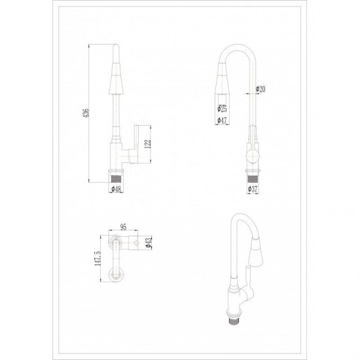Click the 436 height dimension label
click(x=86, y=113)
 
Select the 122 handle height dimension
click(x=148, y=144)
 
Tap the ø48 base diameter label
click(x=116, y=189)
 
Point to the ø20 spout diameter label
click(x=261, y=89)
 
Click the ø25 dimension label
click(x=222, y=109)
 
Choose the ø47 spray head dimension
click(x=222, y=120)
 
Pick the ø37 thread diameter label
click(x=253, y=189)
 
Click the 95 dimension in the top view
click(x=123, y=227)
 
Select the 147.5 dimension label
click(x=98, y=259)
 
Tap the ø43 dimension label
click(x=149, y=242)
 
